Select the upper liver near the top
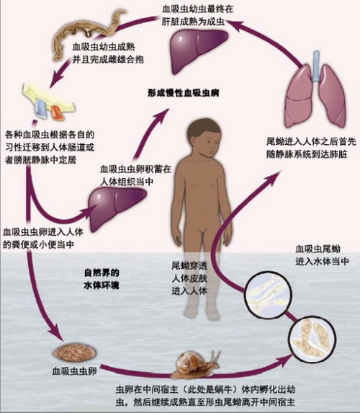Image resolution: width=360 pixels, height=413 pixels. tap(198, 50)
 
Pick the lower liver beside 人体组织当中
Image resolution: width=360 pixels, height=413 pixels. tap(117, 209)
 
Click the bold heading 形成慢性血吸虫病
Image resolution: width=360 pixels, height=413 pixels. tap(184, 93)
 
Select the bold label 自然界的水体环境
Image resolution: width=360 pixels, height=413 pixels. tap(102, 279)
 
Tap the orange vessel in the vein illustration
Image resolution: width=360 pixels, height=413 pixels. tap(57, 112)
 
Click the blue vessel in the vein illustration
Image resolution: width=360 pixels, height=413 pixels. tap(41, 110)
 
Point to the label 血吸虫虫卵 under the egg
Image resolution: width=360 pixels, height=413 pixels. tap(74, 371)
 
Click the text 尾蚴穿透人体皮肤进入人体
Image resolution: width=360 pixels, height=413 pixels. tap(189, 278)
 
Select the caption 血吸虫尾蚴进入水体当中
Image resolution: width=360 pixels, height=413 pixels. tap(322, 255)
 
